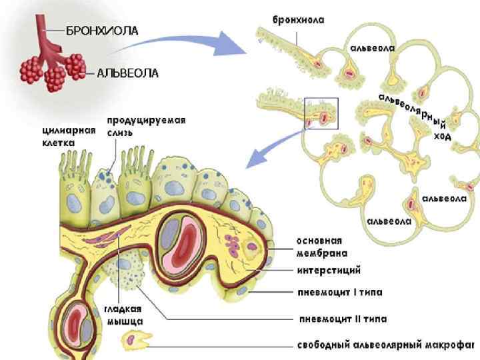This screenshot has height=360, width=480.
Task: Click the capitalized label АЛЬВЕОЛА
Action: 128,73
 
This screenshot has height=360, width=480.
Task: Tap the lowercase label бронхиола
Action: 298,20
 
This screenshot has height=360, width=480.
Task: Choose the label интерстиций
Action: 329,271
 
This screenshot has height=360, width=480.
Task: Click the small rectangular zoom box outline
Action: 321,113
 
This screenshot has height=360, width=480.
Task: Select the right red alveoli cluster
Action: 73,65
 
